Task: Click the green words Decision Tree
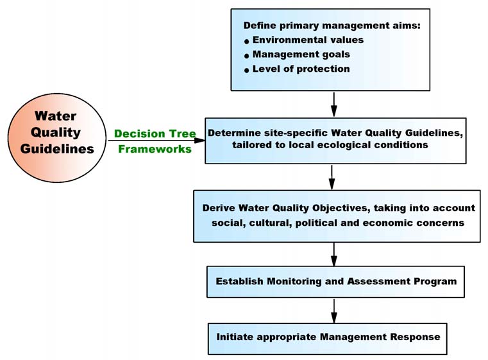click(155, 134)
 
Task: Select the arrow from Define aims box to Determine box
click(334, 103)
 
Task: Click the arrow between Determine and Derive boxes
click(332, 176)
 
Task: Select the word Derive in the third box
click(218, 208)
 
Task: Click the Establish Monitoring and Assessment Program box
click(335, 282)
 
